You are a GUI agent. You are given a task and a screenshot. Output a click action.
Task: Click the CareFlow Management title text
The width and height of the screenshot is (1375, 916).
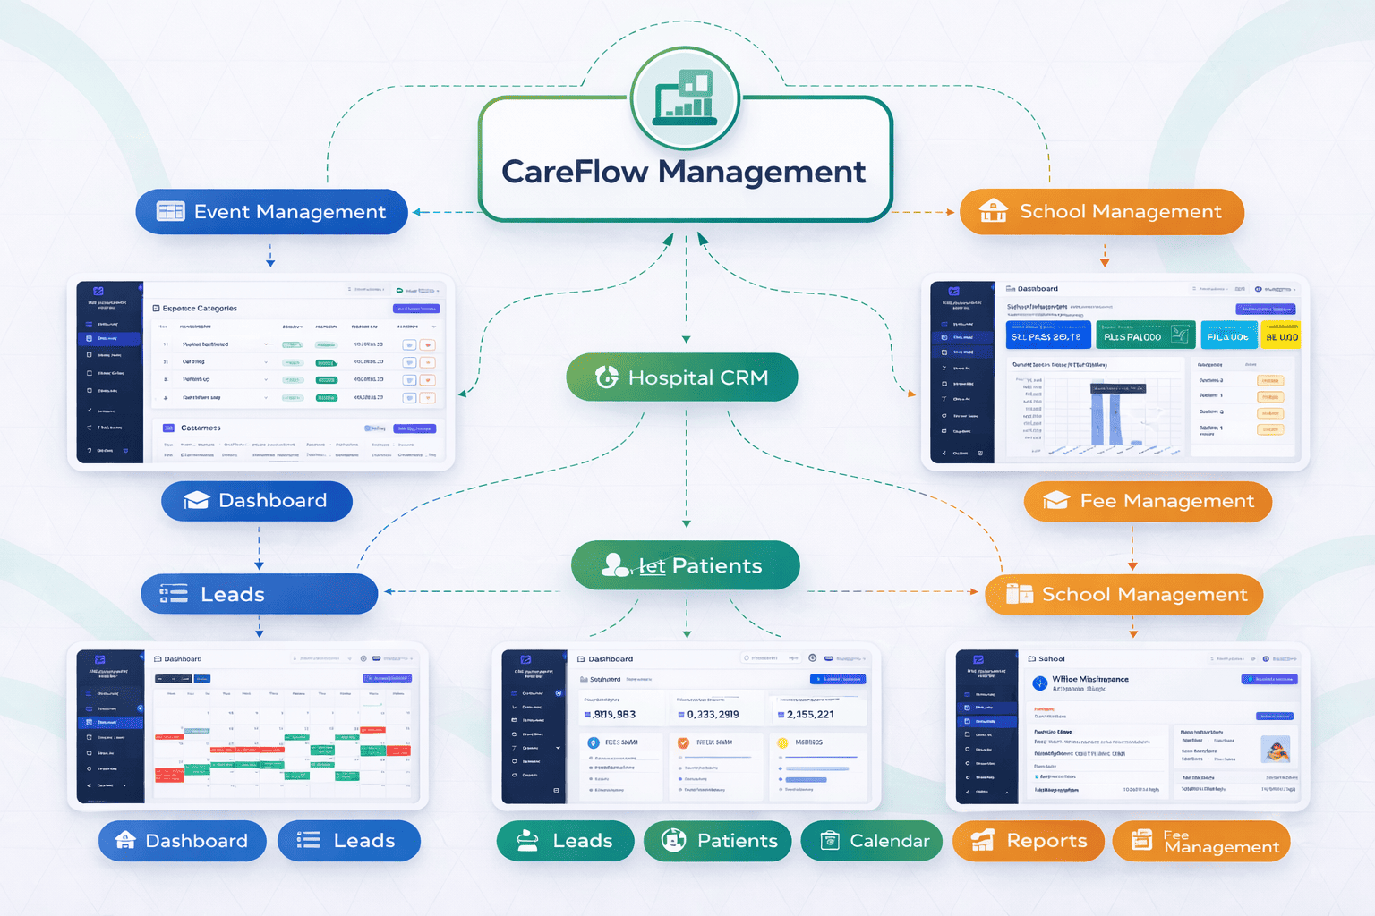pos(683,172)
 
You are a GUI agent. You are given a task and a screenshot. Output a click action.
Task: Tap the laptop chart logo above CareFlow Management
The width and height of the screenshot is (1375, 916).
pos(685,98)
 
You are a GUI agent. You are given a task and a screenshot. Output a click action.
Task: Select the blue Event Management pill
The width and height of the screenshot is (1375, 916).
pos(271,212)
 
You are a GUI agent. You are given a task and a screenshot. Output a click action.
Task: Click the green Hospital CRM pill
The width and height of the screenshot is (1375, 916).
pos(681,377)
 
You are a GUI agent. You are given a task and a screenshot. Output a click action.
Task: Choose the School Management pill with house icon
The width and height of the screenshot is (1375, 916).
pos(1101,212)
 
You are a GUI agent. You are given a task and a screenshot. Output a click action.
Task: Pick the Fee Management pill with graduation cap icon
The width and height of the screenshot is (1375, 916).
pos(1148,501)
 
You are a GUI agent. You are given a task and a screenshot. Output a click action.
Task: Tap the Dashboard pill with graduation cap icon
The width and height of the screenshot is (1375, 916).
pos(256,501)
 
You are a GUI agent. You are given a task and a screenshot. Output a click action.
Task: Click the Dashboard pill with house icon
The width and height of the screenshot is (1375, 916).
pos(182,841)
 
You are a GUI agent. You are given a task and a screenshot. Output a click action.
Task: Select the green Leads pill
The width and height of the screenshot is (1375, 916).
pos(565,841)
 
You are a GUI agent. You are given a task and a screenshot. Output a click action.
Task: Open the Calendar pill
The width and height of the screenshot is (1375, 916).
pos(871,841)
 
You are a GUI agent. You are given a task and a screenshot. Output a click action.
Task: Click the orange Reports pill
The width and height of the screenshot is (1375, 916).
pos(1028,841)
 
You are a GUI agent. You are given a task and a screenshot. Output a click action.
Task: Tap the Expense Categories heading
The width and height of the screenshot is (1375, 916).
pos(200,309)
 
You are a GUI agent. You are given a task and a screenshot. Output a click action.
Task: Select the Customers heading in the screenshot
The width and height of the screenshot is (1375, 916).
pos(201,428)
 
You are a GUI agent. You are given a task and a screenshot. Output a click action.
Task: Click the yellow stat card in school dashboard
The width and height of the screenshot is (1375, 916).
pos(1280,335)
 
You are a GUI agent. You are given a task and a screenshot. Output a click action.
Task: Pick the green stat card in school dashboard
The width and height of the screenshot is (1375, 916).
pos(1145,335)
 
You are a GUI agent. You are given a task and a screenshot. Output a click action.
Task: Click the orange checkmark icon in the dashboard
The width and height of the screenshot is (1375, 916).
pos(684,742)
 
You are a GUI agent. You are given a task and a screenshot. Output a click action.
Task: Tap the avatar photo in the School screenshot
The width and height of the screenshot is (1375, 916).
pos(1275,750)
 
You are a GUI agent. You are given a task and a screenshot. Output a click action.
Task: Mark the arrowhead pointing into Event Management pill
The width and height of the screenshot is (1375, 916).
pos(416,213)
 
